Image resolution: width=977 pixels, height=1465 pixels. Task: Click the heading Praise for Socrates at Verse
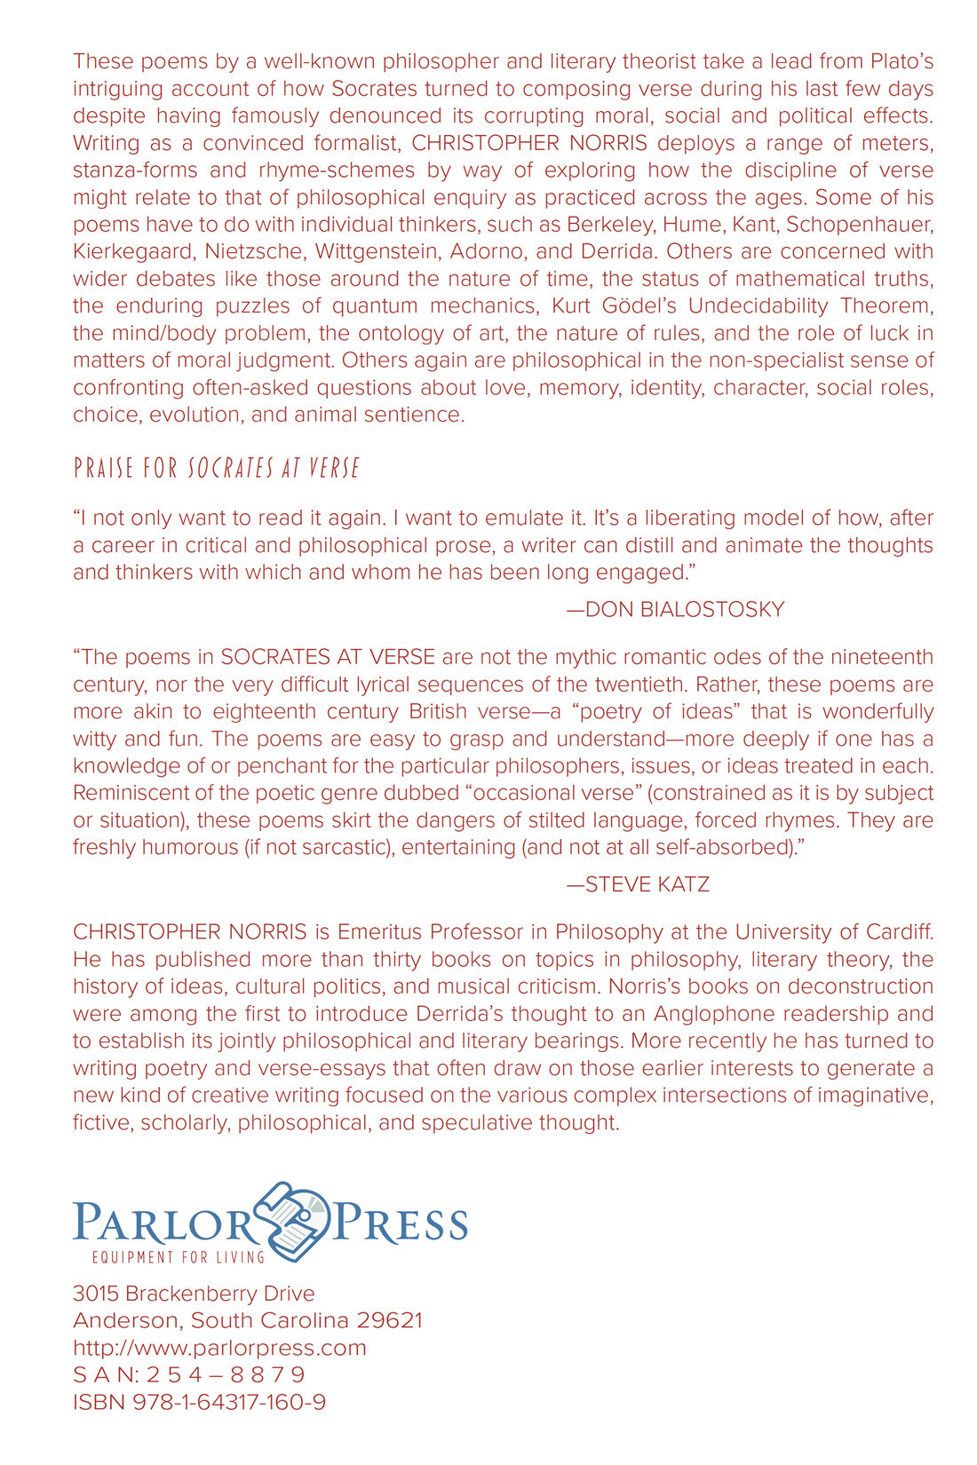[217, 468]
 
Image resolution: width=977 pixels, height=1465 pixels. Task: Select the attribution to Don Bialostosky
[675, 609]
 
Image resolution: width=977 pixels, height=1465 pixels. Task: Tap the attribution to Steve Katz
[638, 884]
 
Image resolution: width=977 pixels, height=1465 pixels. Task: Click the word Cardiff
[895, 932]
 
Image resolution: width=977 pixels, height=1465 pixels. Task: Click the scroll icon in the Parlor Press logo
[293, 1221]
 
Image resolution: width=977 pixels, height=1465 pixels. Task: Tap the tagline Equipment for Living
[179, 1257]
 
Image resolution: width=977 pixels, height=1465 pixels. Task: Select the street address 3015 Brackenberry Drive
[194, 1294]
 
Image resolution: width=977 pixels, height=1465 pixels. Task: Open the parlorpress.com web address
[219, 1348]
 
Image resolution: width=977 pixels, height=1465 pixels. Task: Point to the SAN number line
[189, 1375]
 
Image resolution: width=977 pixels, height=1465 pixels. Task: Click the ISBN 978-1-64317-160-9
[200, 1403]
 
